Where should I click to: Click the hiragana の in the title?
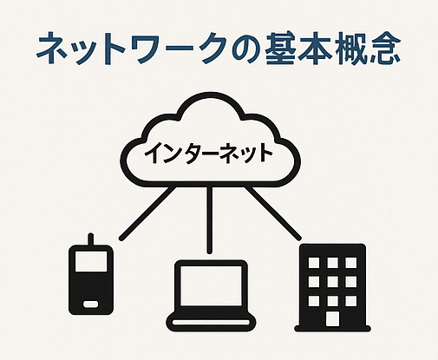245,49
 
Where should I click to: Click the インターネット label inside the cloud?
208,153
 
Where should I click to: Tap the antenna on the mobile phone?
90,239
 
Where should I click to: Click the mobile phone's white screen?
91,261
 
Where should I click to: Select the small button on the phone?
90,304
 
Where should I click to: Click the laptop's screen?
211,285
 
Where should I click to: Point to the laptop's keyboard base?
211,321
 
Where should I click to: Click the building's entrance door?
332,318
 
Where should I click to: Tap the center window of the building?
332,281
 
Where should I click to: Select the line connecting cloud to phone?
147,213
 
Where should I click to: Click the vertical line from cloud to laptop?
210,219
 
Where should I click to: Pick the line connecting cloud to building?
273,213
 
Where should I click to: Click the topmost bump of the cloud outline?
211,95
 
